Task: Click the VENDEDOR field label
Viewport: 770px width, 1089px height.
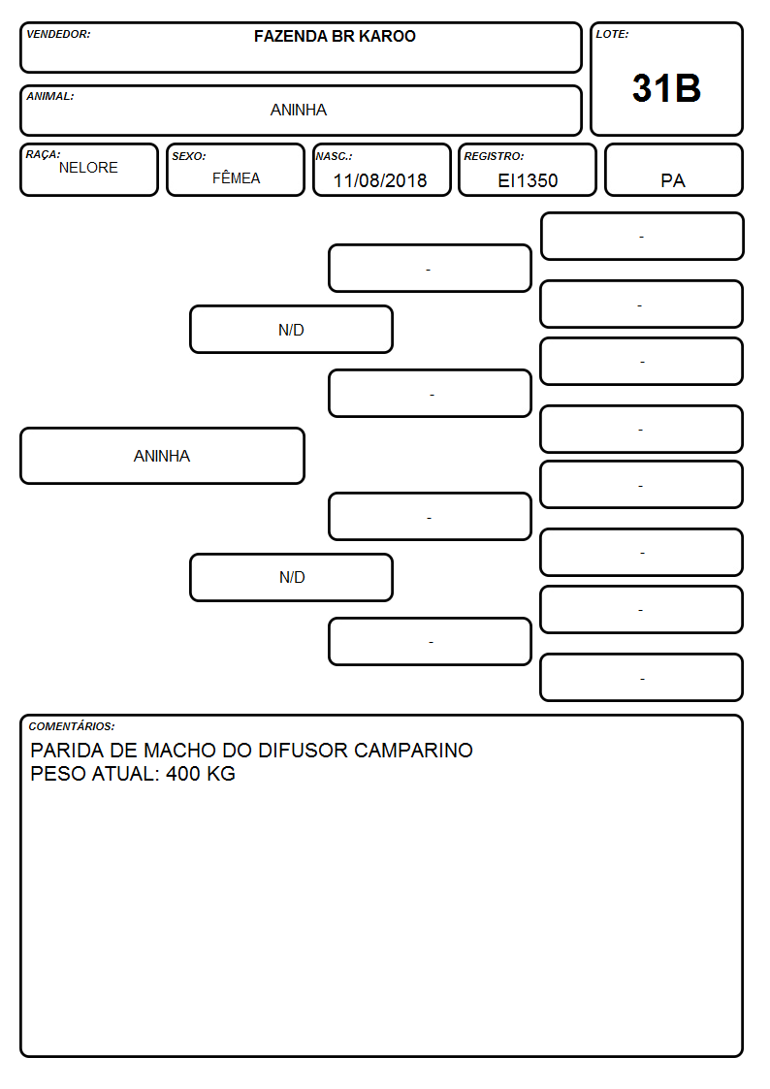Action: [58, 34]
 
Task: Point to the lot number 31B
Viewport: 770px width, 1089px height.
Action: [666, 88]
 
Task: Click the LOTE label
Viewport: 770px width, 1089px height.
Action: [612, 34]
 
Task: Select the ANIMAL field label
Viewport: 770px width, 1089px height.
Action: [50, 97]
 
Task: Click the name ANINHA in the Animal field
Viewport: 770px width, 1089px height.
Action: [299, 110]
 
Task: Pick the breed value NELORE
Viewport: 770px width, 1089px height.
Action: [88, 168]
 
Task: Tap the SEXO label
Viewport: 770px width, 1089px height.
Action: [189, 157]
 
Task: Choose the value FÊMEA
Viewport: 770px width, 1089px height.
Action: [236, 177]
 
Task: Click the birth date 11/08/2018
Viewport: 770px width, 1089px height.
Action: [380, 180]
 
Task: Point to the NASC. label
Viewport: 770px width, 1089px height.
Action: [334, 157]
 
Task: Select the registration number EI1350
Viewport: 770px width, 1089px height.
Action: [528, 180]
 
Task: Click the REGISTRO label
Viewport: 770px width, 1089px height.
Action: [494, 157]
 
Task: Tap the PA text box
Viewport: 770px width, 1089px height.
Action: [673, 170]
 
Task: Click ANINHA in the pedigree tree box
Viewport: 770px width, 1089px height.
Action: [162, 456]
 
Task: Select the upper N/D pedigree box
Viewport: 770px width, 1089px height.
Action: [291, 329]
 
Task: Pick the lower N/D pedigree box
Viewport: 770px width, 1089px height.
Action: [291, 577]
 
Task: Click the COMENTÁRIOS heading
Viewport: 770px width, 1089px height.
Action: [72, 726]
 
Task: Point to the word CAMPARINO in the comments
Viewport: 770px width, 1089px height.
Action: [413, 750]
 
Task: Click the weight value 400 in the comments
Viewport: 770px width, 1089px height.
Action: [182, 774]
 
